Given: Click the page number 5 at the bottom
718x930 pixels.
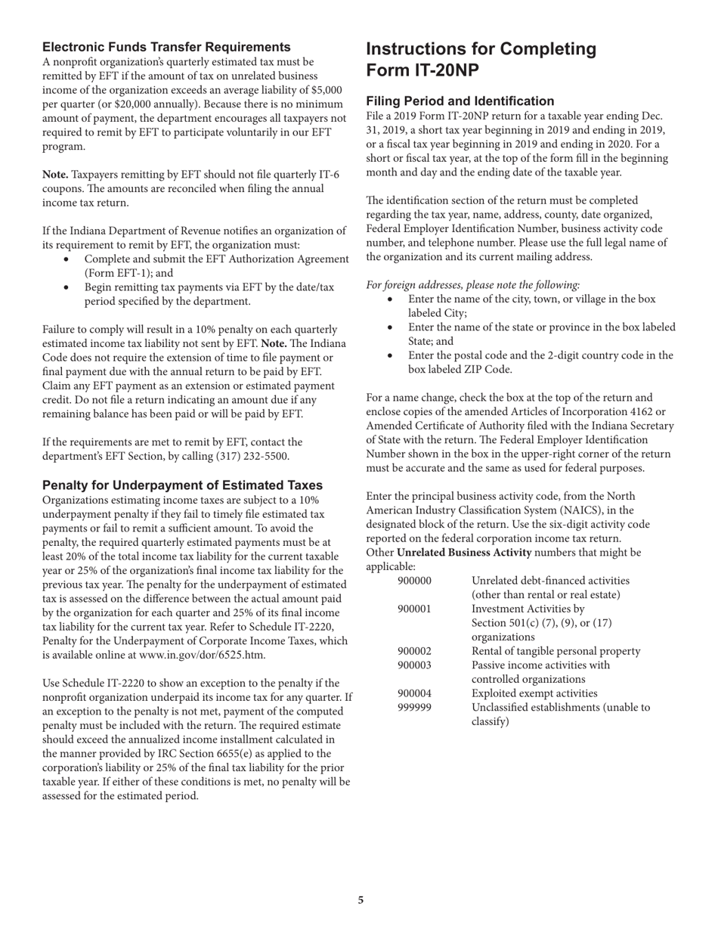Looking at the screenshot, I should pyautogui.click(x=361, y=900).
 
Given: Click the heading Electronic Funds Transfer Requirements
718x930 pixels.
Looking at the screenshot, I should pyautogui.click(x=166, y=47).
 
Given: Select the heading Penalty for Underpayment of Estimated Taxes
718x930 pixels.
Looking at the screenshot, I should pyautogui.click(x=182, y=485).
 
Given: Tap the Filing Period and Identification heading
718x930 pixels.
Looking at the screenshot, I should pyautogui.click(x=460, y=101).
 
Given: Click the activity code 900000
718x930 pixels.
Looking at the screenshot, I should pyautogui.click(x=414, y=581).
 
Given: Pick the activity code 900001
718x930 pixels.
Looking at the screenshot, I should pyautogui.click(x=414, y=609).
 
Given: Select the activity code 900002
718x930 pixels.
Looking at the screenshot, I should pyautogui.click(x=414, y=652).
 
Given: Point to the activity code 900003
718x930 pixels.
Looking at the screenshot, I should pyautogui.click(x=414, y=665).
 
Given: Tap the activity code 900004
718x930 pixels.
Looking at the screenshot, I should pyautogui.click(x=414, y=693).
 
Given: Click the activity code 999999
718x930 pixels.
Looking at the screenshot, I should pyautogui.click(x=414, y=708).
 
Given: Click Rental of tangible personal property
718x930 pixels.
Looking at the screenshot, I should pyautogui.click(x=556, y=652).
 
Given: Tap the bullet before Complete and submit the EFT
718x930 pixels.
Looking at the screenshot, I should pyautogui.click(x=69, y=259).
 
